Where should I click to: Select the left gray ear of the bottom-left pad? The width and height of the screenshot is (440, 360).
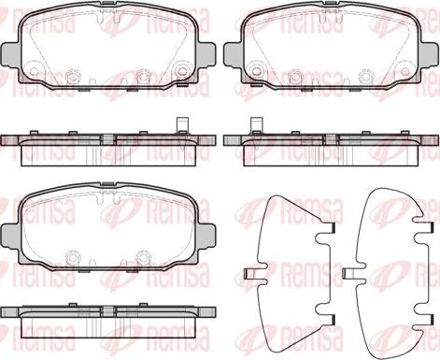(11, 236)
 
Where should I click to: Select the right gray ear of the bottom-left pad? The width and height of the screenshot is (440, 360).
(206, 236)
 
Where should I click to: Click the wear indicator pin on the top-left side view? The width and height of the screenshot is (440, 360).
(181, 125)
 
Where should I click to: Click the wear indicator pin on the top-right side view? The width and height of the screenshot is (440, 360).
(257, 125)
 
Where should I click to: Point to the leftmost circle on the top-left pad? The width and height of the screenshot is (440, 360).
(34, 71)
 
